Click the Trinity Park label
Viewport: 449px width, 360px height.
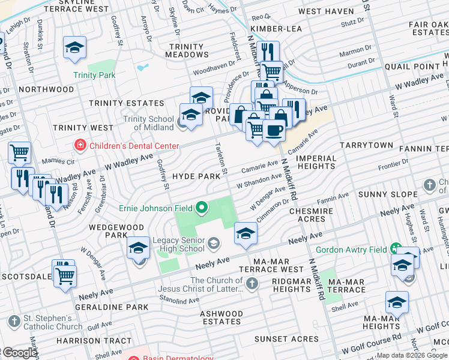[94, 75]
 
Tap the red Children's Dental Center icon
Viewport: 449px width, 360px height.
[79, 145]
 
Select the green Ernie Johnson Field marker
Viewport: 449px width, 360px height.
[201, 208]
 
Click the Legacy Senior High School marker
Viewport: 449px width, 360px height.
[214, 242]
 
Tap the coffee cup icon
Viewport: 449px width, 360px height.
[274, 130]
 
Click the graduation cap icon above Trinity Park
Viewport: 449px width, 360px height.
[74, 48]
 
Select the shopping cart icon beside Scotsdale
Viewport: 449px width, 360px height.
[65, 275]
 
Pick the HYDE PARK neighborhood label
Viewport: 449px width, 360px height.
[196, 177]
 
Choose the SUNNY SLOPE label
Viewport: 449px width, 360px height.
[388, 194]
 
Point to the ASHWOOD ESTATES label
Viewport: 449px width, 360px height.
[221, 317]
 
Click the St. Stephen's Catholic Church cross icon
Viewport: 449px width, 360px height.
[11, 318]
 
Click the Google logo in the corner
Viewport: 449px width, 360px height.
[19, 353]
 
